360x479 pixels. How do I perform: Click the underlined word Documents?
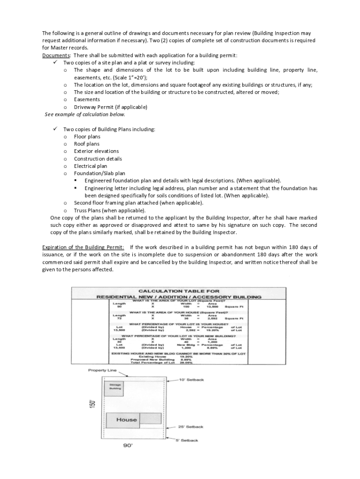pos(56,55)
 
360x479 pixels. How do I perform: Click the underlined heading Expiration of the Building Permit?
pos(83,247)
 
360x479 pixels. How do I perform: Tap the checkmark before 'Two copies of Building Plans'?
pos(55,129)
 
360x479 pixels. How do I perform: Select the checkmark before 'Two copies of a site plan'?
pos(55,62)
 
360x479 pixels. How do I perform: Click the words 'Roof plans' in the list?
pos(86,144)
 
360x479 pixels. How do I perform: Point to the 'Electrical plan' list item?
pos(90,166)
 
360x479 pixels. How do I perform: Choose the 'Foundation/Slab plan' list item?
pos(100,174)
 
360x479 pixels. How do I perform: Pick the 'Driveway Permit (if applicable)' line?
pos(110,107)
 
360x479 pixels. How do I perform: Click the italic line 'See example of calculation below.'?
pos(85,115)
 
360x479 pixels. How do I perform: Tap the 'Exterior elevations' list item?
pos(96,152)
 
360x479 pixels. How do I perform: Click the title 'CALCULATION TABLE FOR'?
pos(179,291)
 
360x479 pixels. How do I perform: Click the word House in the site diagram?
pos(126,420)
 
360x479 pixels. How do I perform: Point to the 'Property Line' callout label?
pos(102,370)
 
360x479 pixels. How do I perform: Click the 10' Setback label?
pos(192,380)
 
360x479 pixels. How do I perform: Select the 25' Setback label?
pos(191,427)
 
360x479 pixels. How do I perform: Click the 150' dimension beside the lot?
pos(93,403)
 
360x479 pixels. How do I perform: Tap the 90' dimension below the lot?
pos(128,446)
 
